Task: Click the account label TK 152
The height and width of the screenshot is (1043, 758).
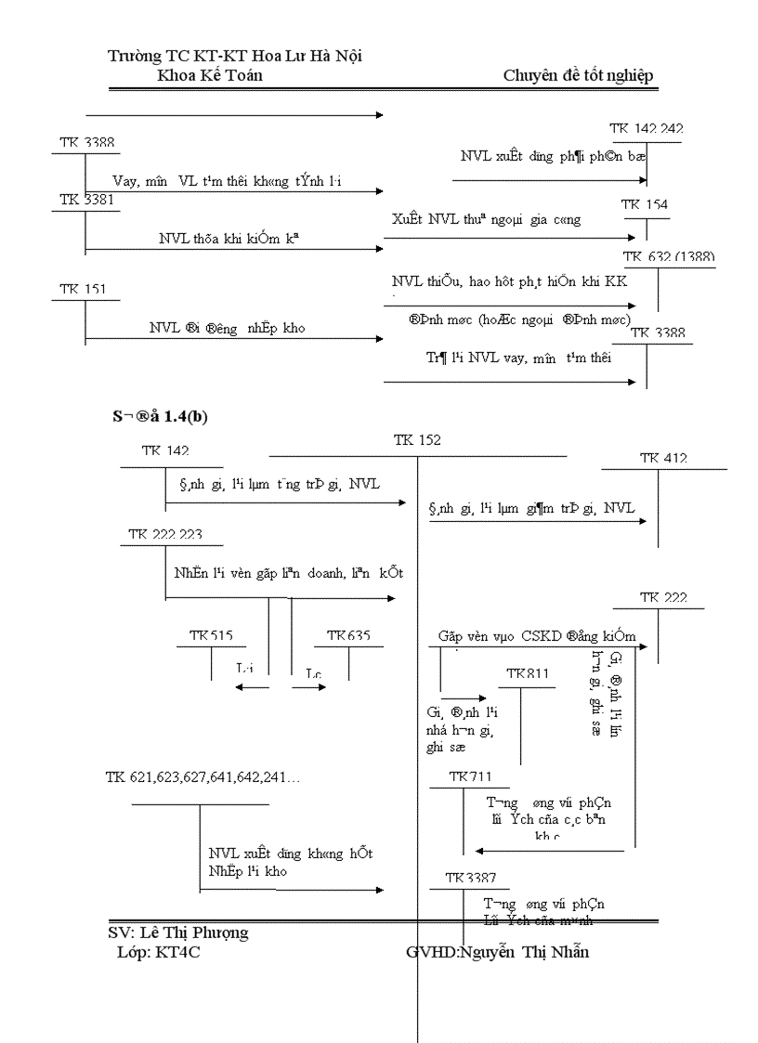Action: [x=417, y=440]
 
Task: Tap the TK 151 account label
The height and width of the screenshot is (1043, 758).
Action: [x=84, y=289]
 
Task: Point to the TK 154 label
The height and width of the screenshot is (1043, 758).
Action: [x=645, y=203]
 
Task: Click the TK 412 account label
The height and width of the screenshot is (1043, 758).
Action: [x=663, y=458]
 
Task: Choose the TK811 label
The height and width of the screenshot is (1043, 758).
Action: [x=528, y=672]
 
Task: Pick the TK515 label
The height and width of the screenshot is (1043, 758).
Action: [x=211, y=635]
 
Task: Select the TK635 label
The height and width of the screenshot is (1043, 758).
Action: [x=348, y=635]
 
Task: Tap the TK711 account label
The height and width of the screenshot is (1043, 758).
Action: [x=470, y=776]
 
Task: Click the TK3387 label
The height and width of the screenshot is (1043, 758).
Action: [x=470, y=878]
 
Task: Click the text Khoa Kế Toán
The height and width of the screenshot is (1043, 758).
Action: [x=210, y=75]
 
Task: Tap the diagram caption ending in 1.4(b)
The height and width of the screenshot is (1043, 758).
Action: [x=159, y=417]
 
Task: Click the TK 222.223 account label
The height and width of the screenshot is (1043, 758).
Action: [x=165, y=535]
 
